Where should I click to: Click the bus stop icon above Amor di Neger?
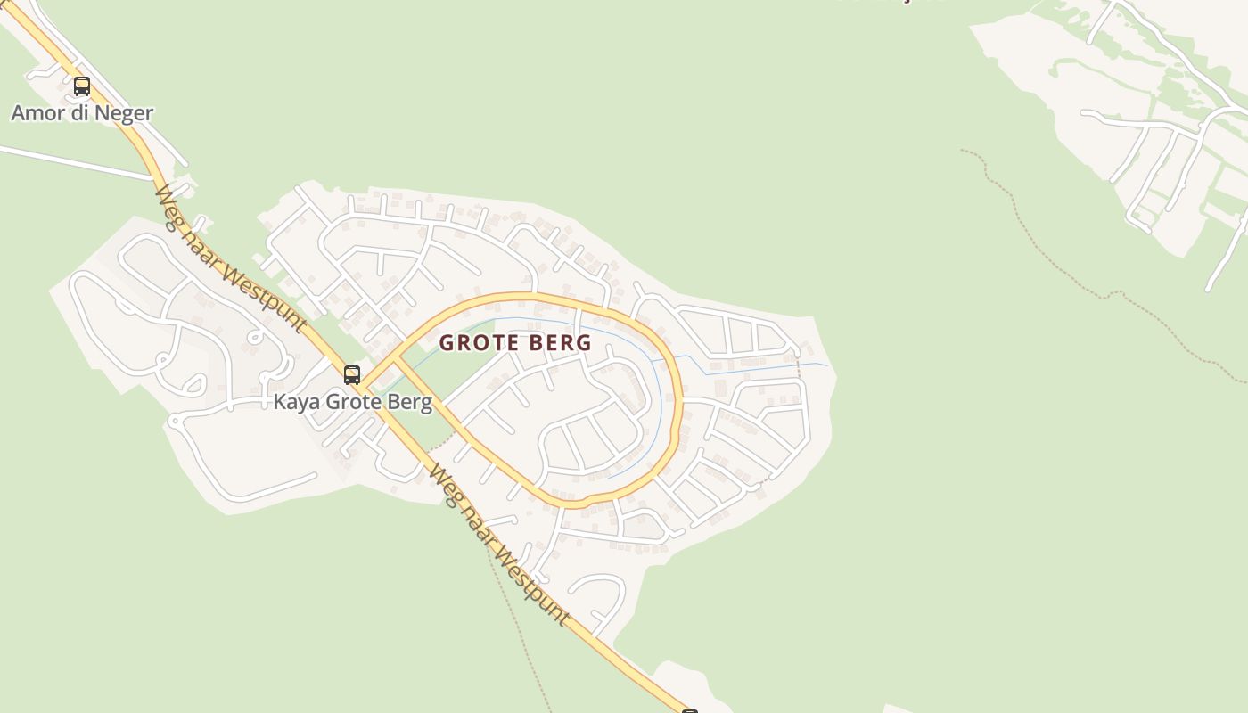click(x=82, y=86)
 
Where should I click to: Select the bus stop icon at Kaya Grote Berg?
click(x=352, y=374)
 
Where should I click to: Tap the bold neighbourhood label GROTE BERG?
click(x=515, y=343)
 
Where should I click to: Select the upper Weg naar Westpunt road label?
click(x=230, y=258)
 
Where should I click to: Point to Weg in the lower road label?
click(x=440, y=480)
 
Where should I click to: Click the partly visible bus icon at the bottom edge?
click(x=689, y=710)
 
